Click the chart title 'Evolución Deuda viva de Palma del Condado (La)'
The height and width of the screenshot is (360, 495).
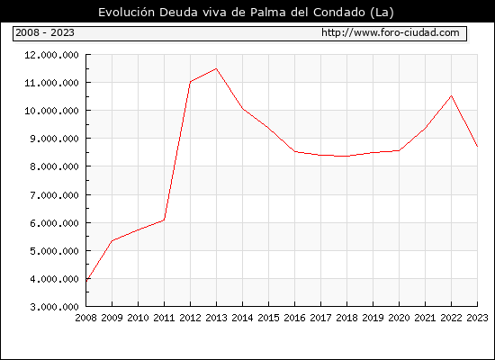(246, 13)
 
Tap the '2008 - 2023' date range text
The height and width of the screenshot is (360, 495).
(45, 32)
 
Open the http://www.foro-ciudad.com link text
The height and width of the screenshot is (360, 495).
(391, 32)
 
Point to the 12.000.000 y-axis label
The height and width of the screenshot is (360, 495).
(52, 55)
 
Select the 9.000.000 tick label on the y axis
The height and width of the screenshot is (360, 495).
(54, 139)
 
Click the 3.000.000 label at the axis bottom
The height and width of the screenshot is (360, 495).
(54, 307)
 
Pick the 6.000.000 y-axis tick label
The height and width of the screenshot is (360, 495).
(54, 223)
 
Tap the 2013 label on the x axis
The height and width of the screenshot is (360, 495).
(216, 318)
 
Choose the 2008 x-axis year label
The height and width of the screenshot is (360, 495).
(85, 318)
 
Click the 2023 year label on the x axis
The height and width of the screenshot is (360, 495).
(477, 318)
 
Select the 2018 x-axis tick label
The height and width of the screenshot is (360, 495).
(346, 318)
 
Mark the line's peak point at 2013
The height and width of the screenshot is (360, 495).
(216, 68)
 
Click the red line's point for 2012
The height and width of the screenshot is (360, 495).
(191, 82)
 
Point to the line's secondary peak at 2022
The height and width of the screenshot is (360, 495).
(452, 95)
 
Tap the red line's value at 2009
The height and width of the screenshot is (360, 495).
(112, 241)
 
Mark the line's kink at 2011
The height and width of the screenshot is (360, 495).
(164, 220)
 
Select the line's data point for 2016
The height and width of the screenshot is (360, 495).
(295, 151)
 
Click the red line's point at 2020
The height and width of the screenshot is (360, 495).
(399, 150)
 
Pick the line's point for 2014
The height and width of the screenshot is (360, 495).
(242, 109)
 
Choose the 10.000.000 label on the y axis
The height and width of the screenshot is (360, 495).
(52, 111)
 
